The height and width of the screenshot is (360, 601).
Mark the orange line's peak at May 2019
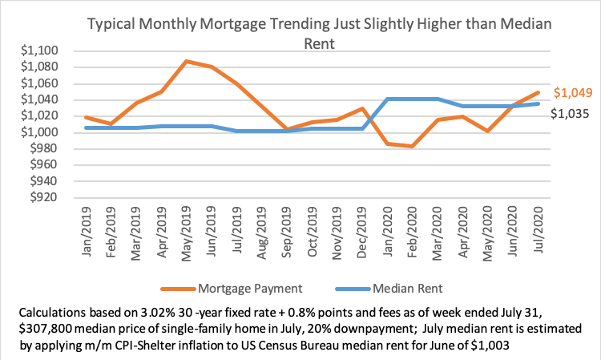click(186, 61)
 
